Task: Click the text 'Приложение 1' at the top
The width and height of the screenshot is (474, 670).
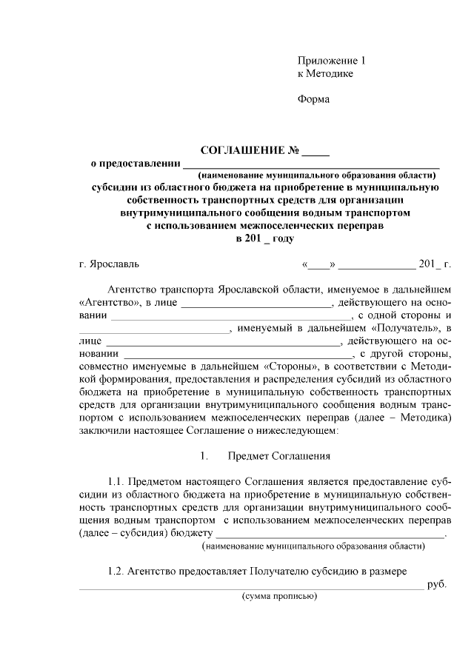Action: tap(331, 60)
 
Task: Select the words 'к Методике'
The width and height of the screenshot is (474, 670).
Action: tap(325, 74)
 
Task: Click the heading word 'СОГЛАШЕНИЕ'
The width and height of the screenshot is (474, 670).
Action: tap(244, 150)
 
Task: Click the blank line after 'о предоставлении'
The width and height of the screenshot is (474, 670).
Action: tap(311, 164)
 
